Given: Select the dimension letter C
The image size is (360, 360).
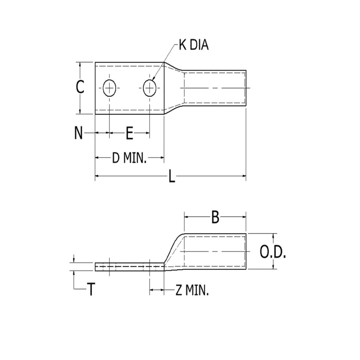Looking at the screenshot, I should click(x=79, y=87).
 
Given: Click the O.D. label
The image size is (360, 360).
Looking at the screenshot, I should click(x=272, y=253).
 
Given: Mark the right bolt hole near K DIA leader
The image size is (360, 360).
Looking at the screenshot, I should click(x=149, y=88).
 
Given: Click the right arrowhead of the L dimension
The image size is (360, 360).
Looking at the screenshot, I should click(x=244, y=176).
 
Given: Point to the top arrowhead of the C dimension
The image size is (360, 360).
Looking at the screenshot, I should click(x=80, y=64).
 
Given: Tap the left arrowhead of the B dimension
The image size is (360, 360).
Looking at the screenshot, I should click(x=186, y=216).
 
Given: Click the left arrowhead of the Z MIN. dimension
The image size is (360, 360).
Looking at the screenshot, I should click(x=151, y=290).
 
